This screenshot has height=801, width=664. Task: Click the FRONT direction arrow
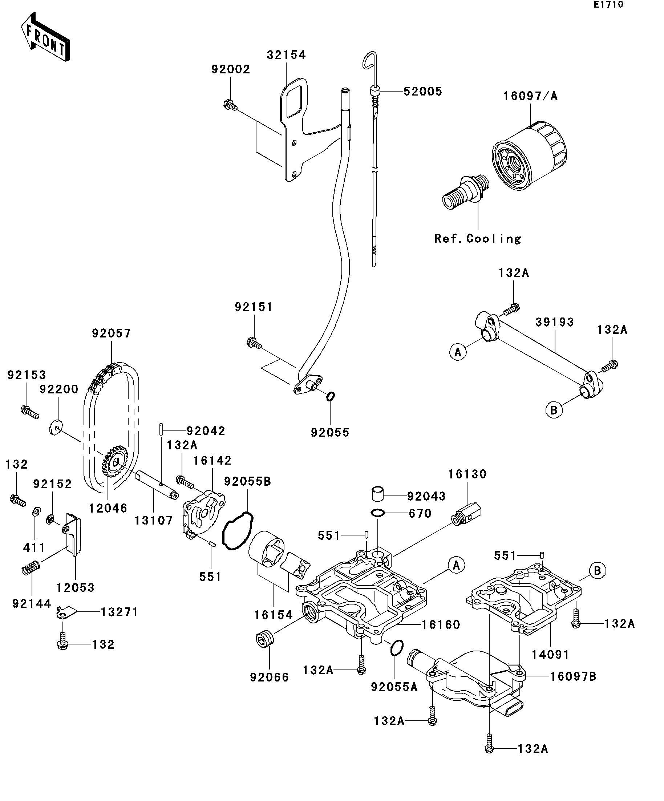coord(45,37)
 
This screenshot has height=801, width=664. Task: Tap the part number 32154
coord(286,55)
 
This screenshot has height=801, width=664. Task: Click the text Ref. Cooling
coord(478,239)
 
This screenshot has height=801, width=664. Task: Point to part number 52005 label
coord(422,92)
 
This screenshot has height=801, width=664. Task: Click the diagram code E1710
coord(608,5)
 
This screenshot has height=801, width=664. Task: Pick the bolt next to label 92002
coord(230,105)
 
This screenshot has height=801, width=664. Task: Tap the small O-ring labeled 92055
coord(330,396)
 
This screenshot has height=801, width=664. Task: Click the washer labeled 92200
coord(56,427)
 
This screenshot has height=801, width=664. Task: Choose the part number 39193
coord(554,322)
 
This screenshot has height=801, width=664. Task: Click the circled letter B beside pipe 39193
coord(554,410)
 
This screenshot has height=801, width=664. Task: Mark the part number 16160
coord(441,624)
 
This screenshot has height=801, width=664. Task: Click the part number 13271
coord(119,612)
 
